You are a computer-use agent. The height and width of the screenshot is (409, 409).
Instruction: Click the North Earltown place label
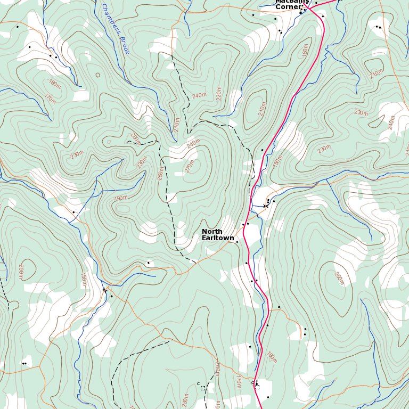(217, 235)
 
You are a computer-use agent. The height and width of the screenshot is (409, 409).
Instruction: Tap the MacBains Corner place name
(291, 4)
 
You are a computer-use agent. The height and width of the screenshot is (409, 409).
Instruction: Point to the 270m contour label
(190, 167)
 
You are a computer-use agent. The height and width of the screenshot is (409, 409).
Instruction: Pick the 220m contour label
(219, 94)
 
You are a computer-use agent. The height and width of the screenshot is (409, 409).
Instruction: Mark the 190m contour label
(121, 198)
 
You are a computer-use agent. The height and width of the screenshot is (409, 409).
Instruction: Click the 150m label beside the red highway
(276, 162)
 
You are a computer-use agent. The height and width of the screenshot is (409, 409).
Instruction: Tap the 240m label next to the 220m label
(199, 95)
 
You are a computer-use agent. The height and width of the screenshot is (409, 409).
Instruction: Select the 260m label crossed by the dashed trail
(135, 139)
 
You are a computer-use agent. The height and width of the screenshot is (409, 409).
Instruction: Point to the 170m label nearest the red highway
(238, 381)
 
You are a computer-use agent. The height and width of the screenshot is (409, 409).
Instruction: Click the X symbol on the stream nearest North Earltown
(265, 206)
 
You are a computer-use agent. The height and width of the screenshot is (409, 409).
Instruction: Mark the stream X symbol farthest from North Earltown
(104, 290)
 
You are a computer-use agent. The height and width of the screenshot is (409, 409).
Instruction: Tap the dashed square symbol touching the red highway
(256, 386)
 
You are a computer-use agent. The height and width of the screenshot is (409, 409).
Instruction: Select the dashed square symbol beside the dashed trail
(203, 388)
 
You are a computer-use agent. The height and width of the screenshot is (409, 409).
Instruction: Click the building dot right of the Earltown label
(236, 242)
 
